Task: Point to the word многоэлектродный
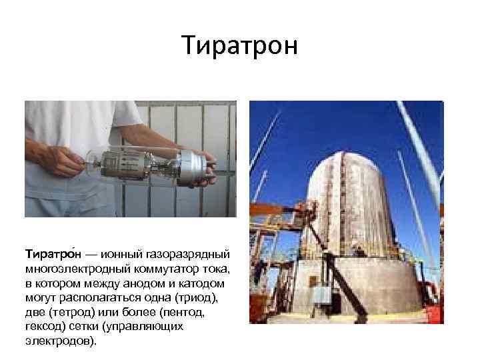79,269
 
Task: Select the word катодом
208,284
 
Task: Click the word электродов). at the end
61,342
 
